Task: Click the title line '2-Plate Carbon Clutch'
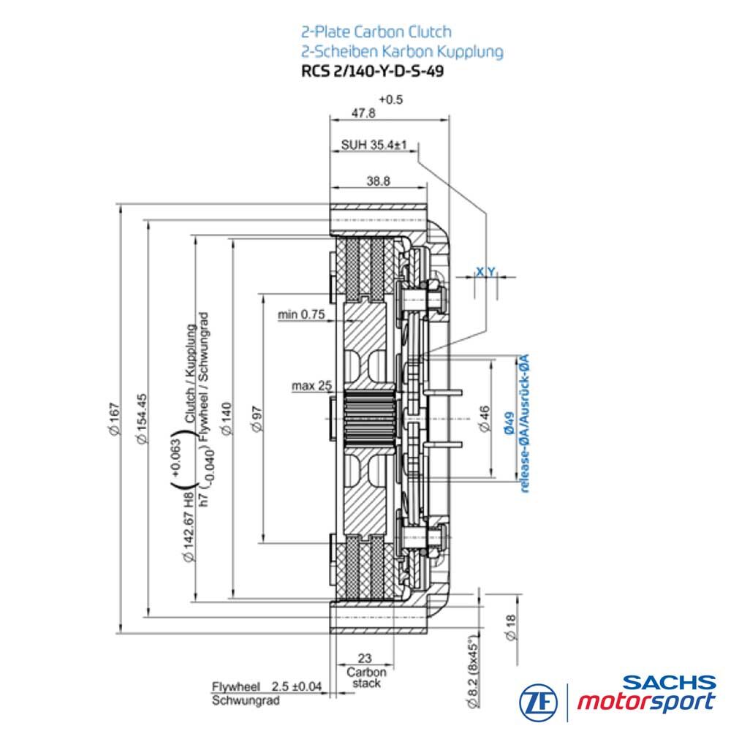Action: coord(376,31)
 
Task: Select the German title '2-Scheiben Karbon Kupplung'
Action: coord(402,51)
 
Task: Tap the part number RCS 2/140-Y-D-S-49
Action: coord(373,72)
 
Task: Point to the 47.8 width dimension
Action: coord(363,113)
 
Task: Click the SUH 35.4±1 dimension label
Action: coord(374,145)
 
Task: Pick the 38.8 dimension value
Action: coord(378,181)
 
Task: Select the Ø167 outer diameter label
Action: coord(115,419)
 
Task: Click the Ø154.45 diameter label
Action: coord(142,419)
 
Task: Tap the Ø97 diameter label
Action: coord(257,419)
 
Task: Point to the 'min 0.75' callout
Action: coord(301,314)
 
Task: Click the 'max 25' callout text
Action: coord(312,386)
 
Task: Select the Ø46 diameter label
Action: coord(485,418)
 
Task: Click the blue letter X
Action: coord(480,271)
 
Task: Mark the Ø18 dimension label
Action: coord(510,627)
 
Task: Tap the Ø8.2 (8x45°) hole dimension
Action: coord(473,671)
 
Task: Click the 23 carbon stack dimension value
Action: coord(365,658)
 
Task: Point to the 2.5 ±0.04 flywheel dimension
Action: coord(297,686)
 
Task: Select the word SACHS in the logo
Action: coord(669,683)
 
